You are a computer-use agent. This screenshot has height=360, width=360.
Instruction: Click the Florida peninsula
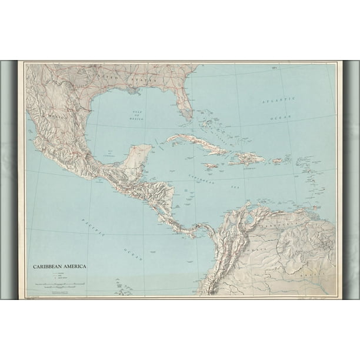click(x=184, y=106)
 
